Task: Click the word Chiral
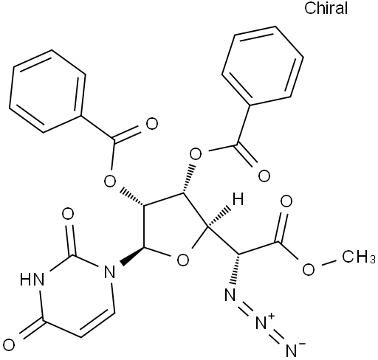326,8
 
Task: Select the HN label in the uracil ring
32,280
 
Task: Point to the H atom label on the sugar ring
238,198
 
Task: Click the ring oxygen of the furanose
183,260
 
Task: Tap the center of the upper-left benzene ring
47,91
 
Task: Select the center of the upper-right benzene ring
263,66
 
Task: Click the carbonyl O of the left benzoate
151,124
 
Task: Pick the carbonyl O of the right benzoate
264,176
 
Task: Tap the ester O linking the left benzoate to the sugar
109,181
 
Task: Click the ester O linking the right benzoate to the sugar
196,154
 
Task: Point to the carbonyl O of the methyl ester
286,201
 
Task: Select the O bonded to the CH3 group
309,269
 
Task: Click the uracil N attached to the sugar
109,271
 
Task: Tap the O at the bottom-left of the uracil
9,345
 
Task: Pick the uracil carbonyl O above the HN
68,214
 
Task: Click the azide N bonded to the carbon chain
230,294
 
